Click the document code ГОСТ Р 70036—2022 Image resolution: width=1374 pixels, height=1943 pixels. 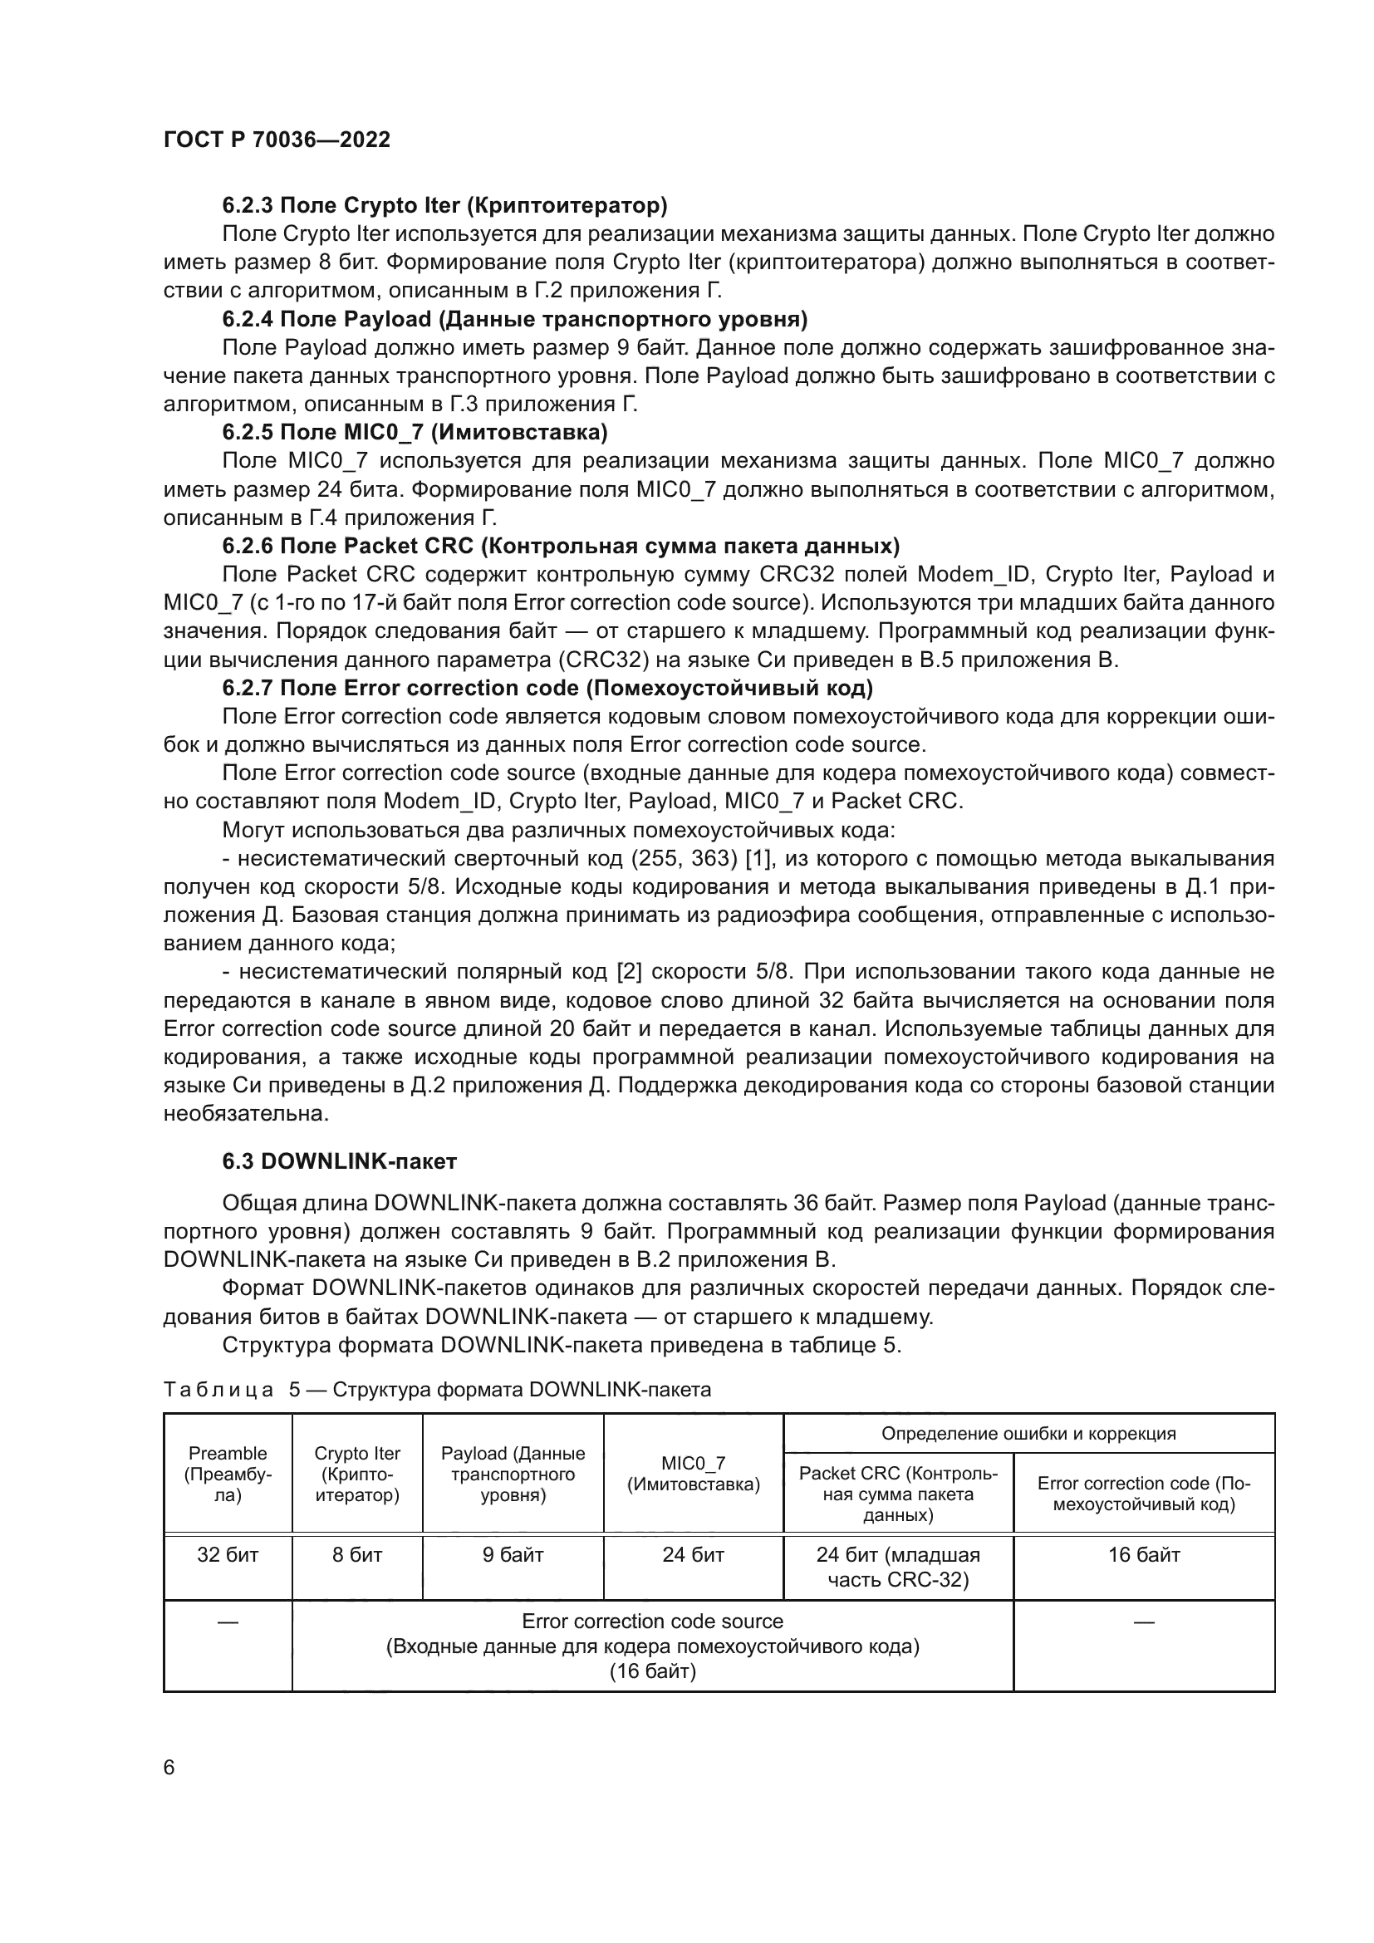point(277,140)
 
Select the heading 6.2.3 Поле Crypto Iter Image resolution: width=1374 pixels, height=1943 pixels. point(444,205)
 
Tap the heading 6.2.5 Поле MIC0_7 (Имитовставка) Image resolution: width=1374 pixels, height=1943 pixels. point(415,432)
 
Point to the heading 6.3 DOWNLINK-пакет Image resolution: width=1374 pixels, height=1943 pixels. point(339,1161)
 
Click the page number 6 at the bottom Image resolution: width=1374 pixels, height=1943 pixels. point(169,1767)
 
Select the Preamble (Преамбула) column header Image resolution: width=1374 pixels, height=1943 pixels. point(228,1474)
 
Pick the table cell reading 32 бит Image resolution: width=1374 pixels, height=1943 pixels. point(228,1554)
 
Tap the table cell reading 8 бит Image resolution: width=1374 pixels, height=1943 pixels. point(357,1554)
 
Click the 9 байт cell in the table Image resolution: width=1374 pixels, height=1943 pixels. point(513,1554)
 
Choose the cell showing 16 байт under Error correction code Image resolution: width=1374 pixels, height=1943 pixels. point(1144,1554)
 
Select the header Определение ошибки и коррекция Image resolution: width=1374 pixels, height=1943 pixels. point(1028,1434)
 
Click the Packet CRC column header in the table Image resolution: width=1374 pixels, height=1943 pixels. point(898,1494)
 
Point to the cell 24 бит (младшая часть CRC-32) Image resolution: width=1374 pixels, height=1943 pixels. point(898,1567)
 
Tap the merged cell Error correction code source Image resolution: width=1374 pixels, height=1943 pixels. point(652,1646)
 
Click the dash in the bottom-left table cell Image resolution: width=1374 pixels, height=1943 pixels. point(228,1622)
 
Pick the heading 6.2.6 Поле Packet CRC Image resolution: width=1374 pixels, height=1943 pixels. point(560,545)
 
